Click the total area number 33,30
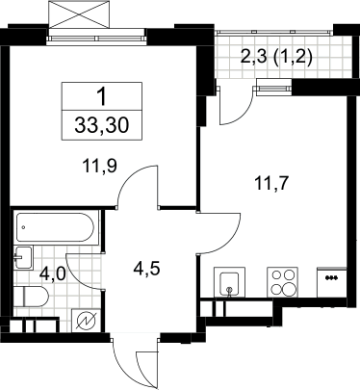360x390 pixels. click(102, 125)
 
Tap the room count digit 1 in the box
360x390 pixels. click(102, 97)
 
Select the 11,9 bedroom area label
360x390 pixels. click(99, 166)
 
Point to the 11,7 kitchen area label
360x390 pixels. click(271, 184)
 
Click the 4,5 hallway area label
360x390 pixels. click(147, 269)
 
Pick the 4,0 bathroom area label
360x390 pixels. click(53, 274)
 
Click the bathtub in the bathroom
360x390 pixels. click(55, 227)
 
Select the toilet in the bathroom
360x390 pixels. click(31, 297)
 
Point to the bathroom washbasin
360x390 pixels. click(23, 258)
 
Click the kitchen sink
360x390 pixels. click(229, 282)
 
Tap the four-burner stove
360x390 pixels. click(283, 282)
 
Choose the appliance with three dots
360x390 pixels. click(332, 282)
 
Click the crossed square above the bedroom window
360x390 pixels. click(80, 14)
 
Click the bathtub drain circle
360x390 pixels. click(23, 227)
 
